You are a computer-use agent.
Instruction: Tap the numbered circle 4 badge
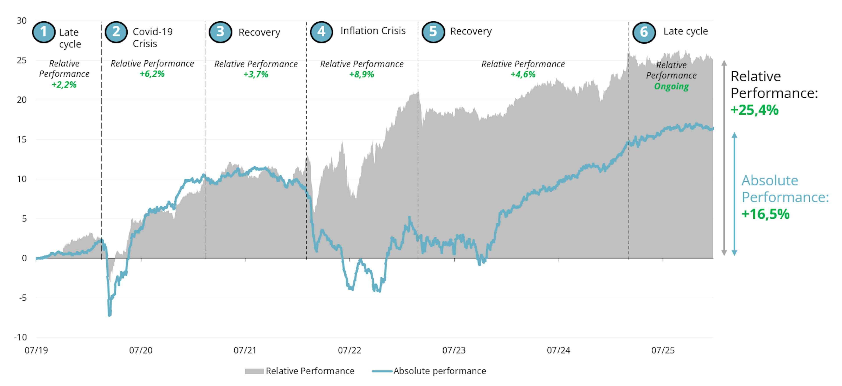[321, 32]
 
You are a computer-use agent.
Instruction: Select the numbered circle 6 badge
[644, 32]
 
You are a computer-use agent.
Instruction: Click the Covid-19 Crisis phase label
[152, 38]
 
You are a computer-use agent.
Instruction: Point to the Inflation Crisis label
[373, 31]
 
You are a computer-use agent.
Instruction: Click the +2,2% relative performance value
[64, 85]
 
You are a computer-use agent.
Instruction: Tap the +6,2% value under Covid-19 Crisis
[152, 74]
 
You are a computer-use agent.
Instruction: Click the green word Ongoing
[671, 86]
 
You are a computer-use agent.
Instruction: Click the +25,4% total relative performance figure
[754, 110]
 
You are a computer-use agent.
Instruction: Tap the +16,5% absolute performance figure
[765, 214]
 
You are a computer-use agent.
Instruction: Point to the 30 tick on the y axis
[21, 21]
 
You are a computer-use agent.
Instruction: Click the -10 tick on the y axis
[20, 337]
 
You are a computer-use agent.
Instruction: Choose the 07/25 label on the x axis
[663, 350]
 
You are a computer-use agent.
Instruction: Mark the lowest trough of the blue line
[109, 315]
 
